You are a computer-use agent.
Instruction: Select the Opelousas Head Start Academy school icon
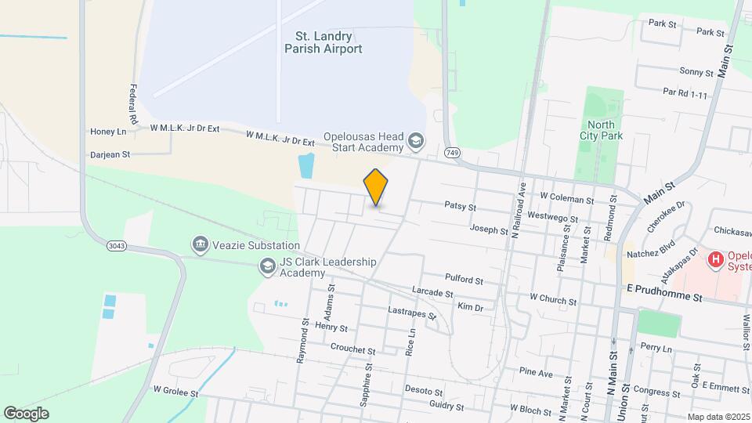(416, 142)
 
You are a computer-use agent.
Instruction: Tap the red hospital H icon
(715, 259)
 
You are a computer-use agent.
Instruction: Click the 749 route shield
(450, 152)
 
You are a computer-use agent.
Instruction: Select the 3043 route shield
(117, 245)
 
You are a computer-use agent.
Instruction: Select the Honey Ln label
(108, 132)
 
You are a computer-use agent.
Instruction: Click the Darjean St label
(110, 155)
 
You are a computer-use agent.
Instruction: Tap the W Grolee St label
(177, 389)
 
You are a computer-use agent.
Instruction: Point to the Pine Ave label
(537, 371)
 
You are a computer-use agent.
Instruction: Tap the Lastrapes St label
(413, 312)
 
